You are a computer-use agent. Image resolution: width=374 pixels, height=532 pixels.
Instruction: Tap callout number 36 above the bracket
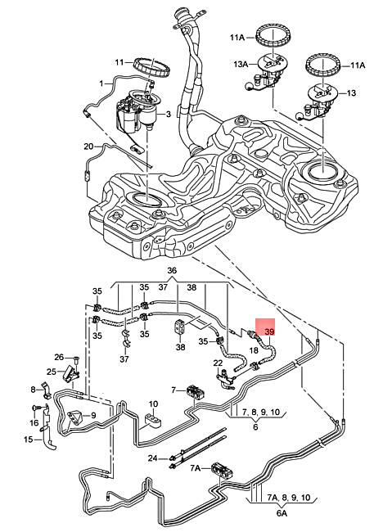click(x=171, y=271)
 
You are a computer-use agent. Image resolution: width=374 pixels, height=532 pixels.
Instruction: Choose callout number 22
click(x=218, y=363)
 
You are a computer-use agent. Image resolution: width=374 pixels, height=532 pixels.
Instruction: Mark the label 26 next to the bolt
click(x=58, y=357)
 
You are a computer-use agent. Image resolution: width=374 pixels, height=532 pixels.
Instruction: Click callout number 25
click(x=51, y=372)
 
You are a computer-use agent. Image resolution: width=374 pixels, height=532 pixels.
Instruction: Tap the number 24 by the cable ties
click(x=151, y=459)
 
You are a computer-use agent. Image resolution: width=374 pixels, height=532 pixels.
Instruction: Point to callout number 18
click(x=254, y=349)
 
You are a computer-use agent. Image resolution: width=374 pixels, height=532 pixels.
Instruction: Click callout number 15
click(x=28, y=440)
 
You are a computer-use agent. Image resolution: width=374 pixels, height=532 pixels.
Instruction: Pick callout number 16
click(x=34, y=422)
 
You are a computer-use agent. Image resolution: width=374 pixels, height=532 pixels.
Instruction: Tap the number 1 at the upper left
click(x=101, y=83)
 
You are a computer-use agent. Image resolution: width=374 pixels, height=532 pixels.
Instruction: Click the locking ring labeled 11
click(x=151, y=65)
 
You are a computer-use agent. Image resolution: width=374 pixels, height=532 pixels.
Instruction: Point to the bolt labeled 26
click(x=74, y=359)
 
